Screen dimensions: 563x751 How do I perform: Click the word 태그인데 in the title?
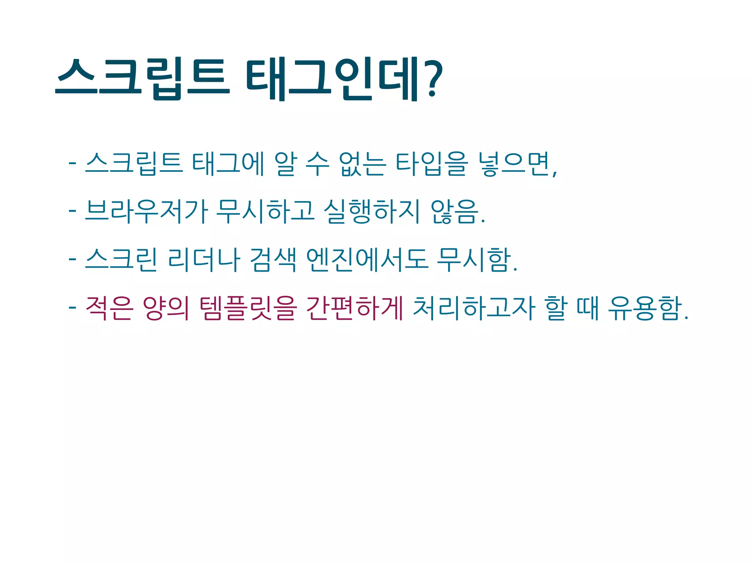332,80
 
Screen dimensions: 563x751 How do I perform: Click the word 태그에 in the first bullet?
228,163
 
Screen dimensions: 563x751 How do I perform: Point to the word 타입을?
432,163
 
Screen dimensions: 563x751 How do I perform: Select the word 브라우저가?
146,211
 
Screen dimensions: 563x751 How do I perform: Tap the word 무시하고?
265,211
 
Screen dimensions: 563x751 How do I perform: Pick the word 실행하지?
371,211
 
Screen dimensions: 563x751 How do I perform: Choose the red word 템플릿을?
248,308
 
